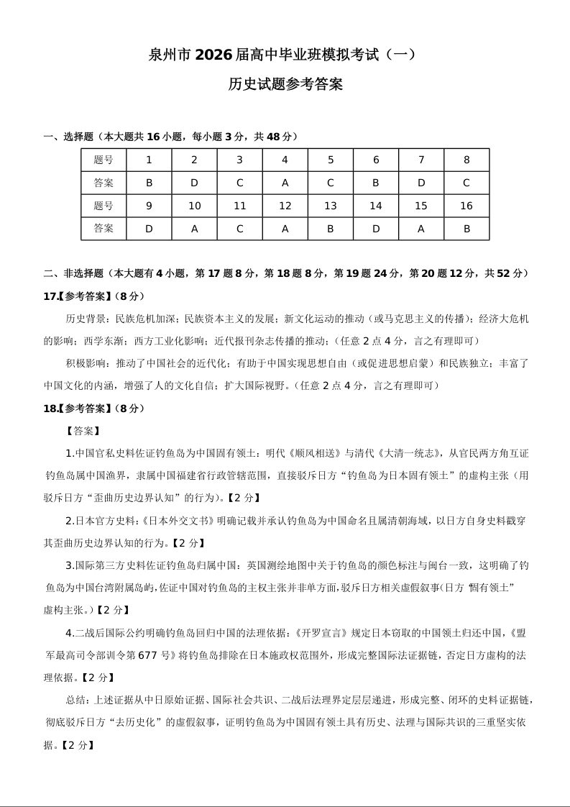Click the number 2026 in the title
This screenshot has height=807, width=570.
click(x=213, y=55)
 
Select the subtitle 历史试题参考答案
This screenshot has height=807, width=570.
click(x=285, y=85)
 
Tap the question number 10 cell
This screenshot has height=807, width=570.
click(x=194, y=206)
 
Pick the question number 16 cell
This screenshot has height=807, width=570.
click(x=466, y=206)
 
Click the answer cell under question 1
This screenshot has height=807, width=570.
click(x=149, y=183)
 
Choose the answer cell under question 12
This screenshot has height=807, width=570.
click(x=285, y=229)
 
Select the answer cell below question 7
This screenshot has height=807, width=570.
click(x=421, y=183)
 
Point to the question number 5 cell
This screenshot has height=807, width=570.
click(x=331, y=160)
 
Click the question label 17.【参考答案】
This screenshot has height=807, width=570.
click(x=75, y=296)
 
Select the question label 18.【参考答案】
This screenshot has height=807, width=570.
click(x=75, y=409)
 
